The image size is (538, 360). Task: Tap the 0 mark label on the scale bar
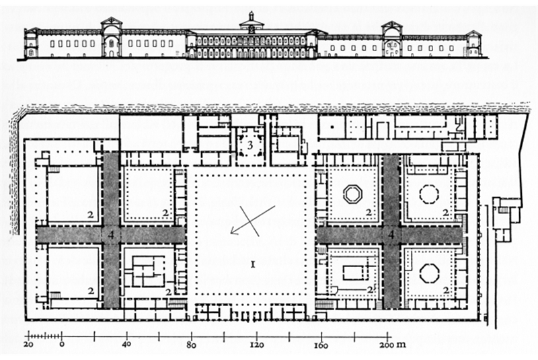pyautogui.click(x=62, y=346)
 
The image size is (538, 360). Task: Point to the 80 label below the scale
pyautogui.click(x=190, y=346)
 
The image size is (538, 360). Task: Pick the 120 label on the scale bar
pyautogui.click(x=255, y=346)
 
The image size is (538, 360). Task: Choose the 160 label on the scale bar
pyautogui.click(x=319, y=346)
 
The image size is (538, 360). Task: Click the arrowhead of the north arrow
pyautogui.click(x=233, y=232)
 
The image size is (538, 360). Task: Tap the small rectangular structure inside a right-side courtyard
pyautogui.click(x=352, y=273)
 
